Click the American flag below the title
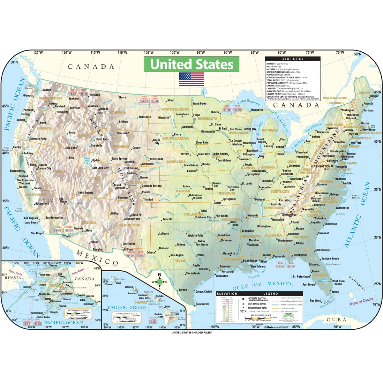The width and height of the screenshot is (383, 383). point(191,79)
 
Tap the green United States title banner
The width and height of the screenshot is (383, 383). point(191,64)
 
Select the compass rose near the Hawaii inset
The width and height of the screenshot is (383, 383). point(160,282)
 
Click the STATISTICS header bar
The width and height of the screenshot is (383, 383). point(293,59)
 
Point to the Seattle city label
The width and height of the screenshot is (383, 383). point(47,90)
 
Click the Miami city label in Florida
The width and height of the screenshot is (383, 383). point(335,292)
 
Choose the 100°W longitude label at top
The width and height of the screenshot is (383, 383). point(175,53)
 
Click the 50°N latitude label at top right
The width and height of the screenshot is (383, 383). point(357,54)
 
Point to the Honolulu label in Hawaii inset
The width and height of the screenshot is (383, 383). point(132,293)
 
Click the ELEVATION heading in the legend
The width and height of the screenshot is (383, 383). point(227,293)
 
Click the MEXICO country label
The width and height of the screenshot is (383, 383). point(98,258)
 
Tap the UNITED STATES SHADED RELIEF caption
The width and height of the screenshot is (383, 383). point(191,333)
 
